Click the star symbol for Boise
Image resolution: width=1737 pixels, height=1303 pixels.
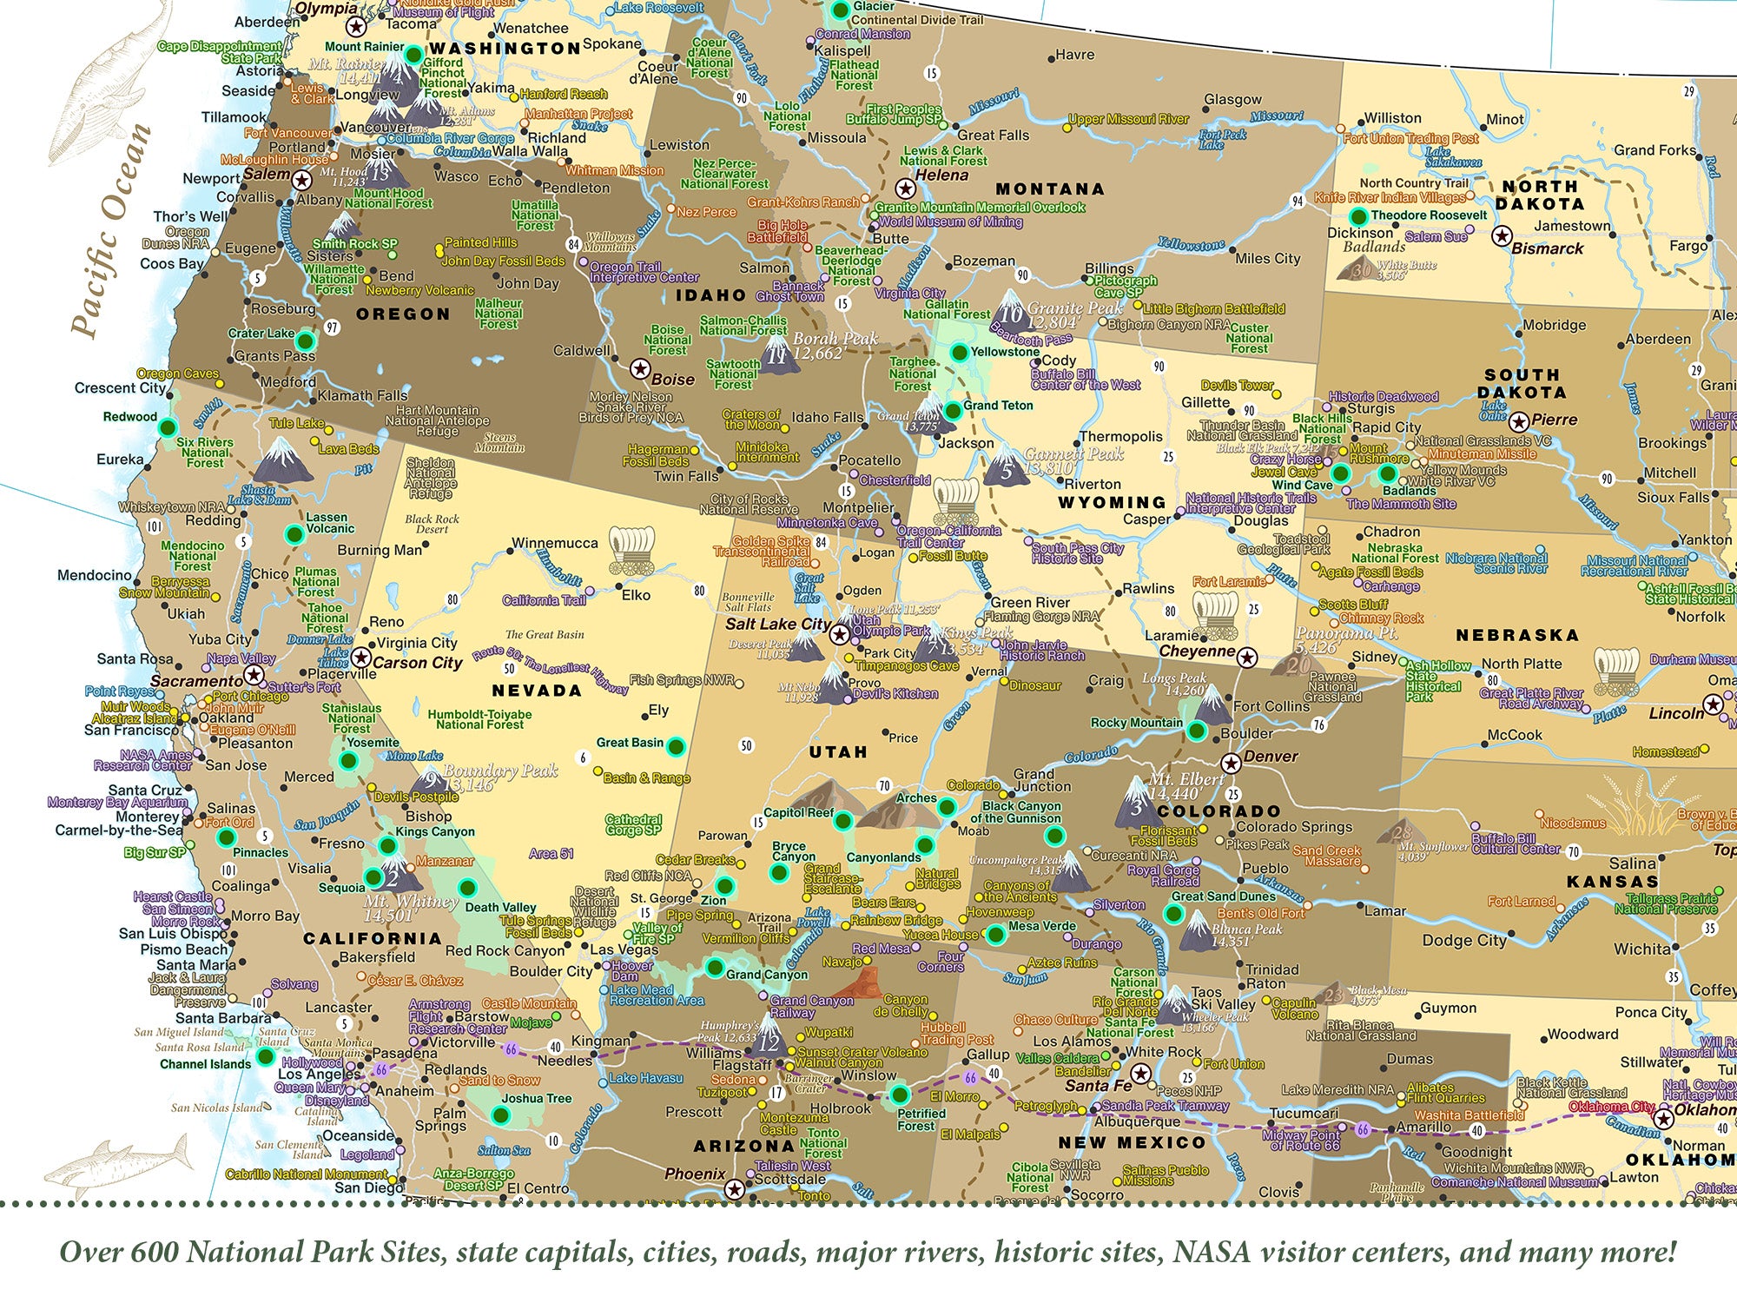640,369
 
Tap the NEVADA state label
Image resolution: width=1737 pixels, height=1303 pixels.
536,691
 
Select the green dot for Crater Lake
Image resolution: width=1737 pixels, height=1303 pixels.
305,340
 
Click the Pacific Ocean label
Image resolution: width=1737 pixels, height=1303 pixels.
111,230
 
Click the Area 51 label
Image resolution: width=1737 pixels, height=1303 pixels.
551,853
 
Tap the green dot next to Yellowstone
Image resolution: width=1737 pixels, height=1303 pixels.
959,352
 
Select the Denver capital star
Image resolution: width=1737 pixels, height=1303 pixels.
1230,764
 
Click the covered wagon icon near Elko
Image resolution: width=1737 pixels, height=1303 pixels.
631,551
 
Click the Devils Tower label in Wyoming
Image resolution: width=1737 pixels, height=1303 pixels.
1237,385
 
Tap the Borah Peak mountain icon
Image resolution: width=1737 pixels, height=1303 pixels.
779,354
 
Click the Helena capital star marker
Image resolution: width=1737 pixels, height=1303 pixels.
905,188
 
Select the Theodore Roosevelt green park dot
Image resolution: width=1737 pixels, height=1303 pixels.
1357,216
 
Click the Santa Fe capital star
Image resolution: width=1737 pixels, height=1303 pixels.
1140,1074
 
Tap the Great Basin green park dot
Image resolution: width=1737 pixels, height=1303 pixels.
675,745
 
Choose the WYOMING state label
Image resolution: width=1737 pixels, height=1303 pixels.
1111,502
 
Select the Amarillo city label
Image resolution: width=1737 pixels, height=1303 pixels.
1423,1128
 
